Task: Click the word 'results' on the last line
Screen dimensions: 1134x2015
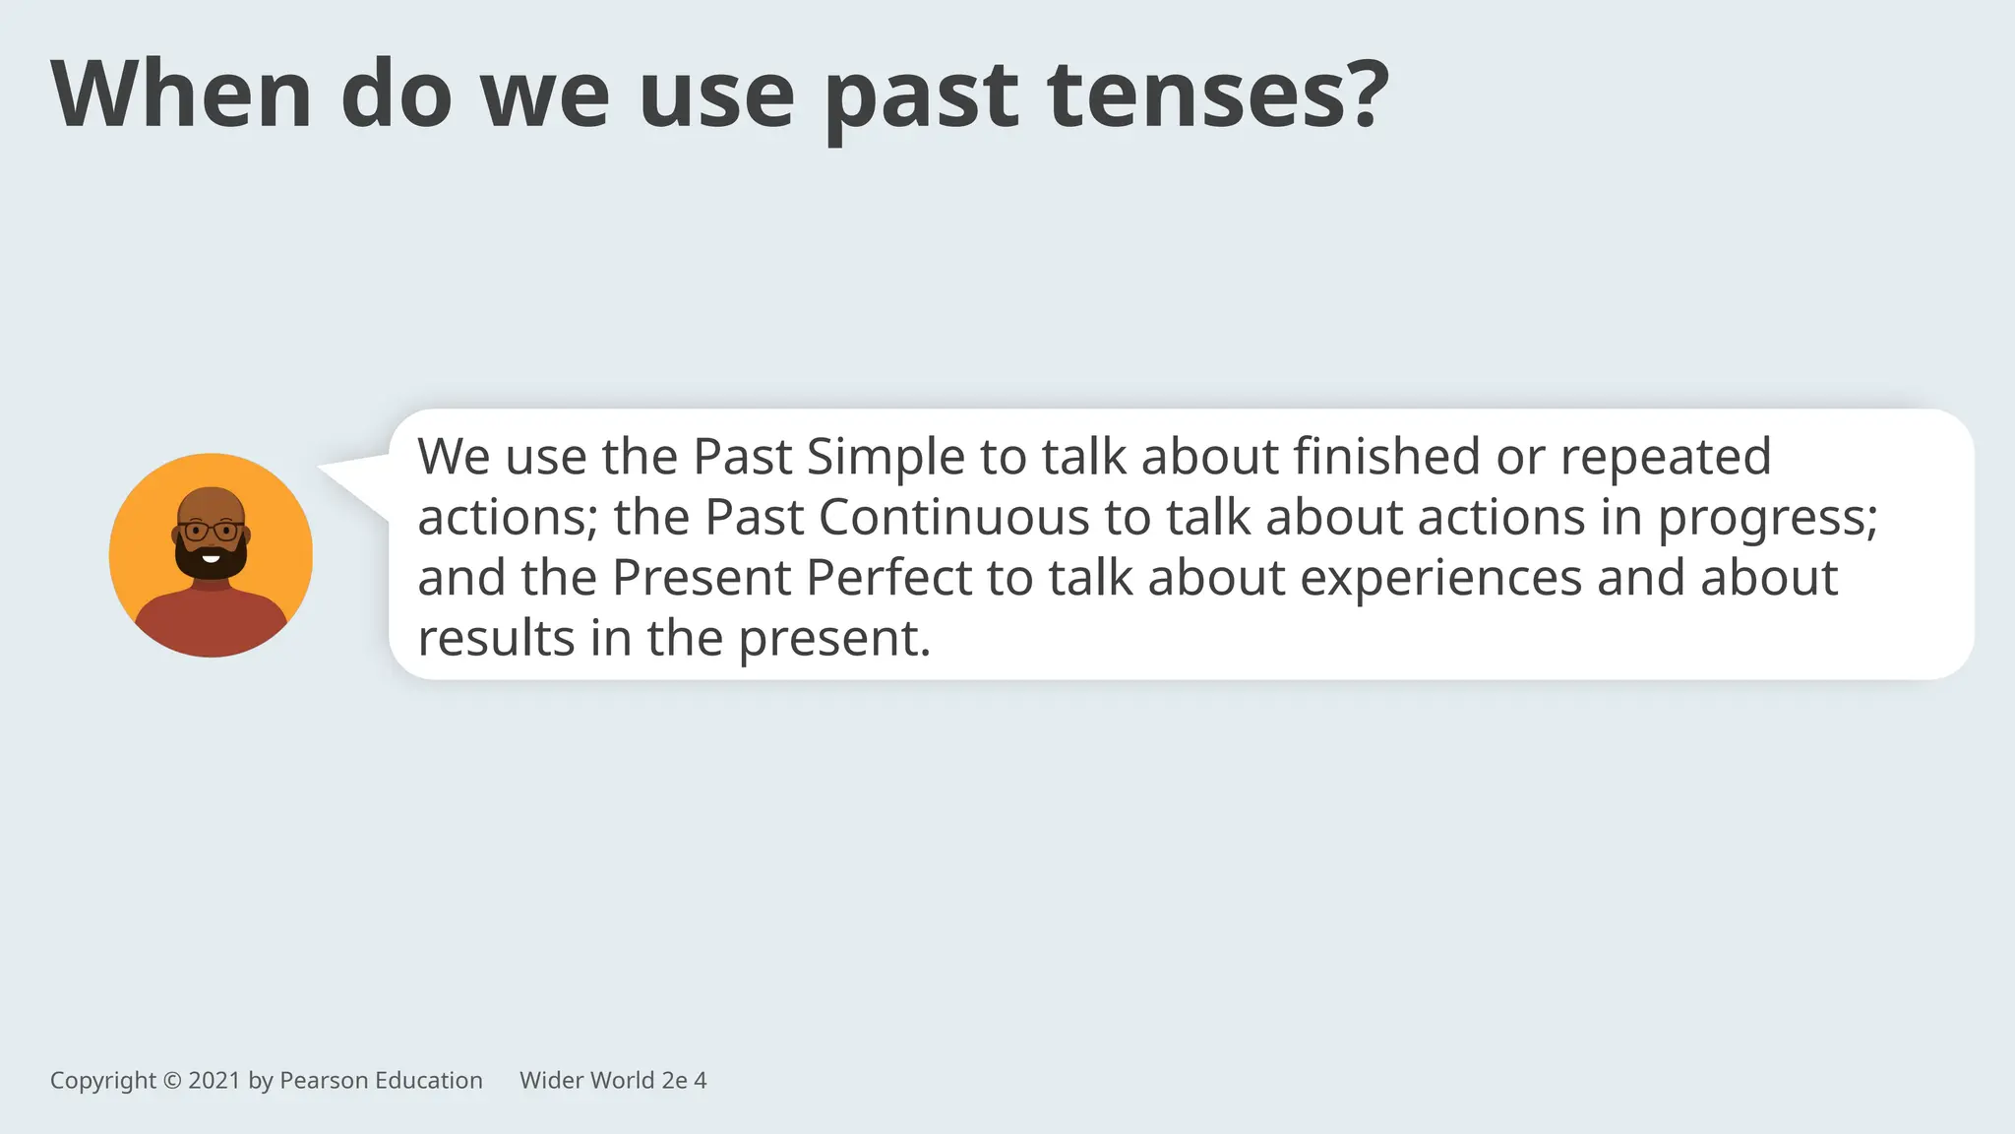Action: [496, 638]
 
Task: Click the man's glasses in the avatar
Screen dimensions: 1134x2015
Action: [211, 532]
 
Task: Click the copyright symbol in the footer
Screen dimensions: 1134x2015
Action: [172, 1081]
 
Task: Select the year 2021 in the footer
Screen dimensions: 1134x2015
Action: [214, 1081]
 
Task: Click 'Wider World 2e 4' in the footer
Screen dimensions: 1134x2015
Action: [613, 1081]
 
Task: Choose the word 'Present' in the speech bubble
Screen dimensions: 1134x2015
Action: [702, 578]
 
